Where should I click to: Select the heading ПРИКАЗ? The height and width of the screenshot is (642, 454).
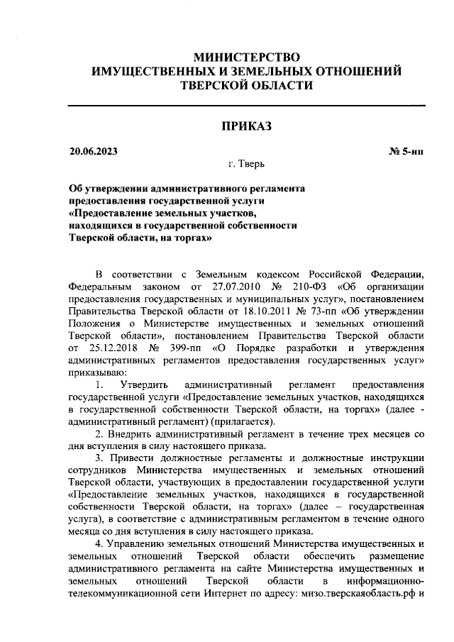point(246,126)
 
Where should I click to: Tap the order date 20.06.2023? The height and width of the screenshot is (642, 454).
point(93,151)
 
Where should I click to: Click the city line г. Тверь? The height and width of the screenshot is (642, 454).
point(246,164)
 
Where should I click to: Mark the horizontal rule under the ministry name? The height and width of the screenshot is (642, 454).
point(246,105)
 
